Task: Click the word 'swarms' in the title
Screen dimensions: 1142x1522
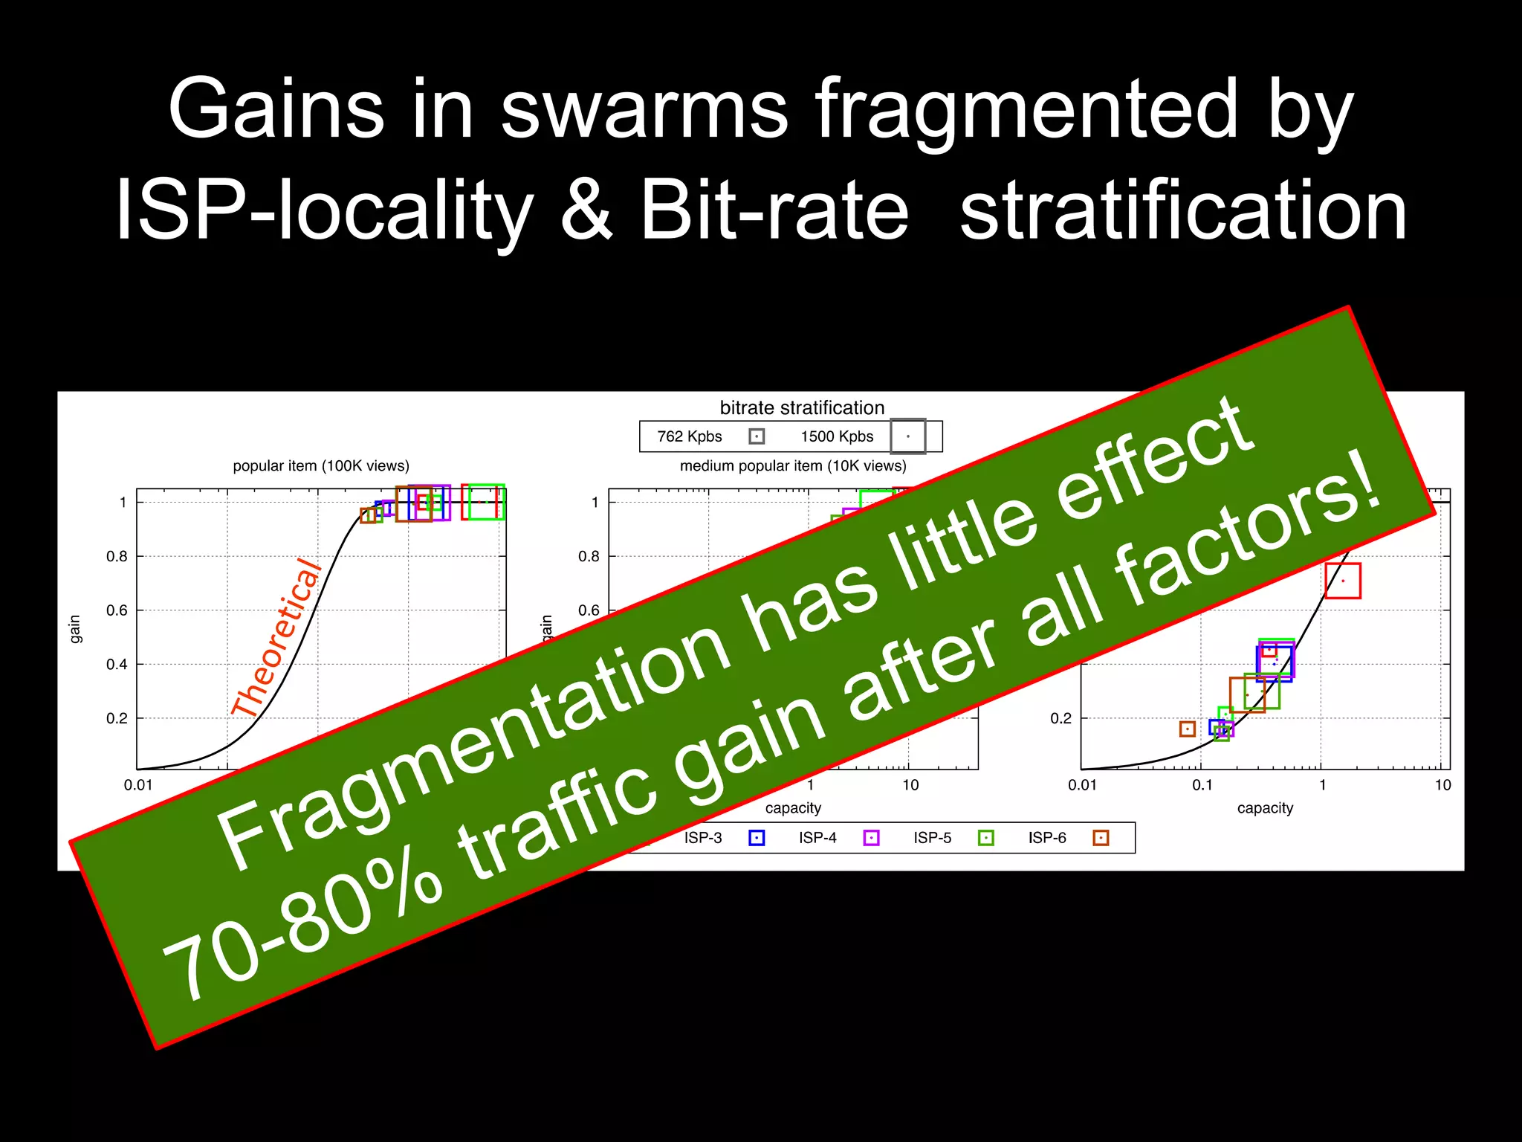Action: tap(644, 110)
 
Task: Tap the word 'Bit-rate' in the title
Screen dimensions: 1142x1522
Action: tap(774, 211)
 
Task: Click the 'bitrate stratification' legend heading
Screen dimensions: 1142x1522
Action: tap(802, 407)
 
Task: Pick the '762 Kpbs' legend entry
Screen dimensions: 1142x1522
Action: tap(690, 436)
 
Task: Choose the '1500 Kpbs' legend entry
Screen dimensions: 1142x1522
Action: tap(837, 436)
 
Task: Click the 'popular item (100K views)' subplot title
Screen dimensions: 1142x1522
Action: tap(321, 466)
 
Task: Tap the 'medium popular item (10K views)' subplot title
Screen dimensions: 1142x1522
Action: tap(793, 466)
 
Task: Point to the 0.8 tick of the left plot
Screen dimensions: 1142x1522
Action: tap(117, 556)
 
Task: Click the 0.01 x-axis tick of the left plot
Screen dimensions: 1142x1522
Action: tap(137, 785)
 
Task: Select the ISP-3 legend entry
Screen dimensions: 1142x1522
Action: tap(703, 838)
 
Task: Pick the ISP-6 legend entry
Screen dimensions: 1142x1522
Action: tap(1047, 838)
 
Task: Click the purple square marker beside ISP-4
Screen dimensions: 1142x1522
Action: tap(871, 838)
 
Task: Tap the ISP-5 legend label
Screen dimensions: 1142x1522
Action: tap(932, 838)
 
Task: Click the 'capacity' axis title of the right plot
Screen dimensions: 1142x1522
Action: tap(1265, 808)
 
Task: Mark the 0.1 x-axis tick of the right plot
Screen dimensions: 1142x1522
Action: tap(1202, 785)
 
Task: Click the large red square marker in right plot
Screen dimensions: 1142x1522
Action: tap(1342, 581)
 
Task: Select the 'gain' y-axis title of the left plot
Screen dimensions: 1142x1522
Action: tap(74, 629)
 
